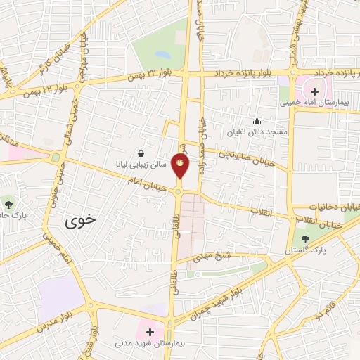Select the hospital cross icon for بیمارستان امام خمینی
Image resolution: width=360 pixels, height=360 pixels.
pyautogui.click(x=314, y=91)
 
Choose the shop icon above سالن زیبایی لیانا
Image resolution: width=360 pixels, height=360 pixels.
pyautogui.click(x=141, y=153)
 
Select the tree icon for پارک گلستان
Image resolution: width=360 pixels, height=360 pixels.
pyautogui.click(x=304, y=239)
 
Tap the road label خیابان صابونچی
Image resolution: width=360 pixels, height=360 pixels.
pyautogui.click(x=245, y=157)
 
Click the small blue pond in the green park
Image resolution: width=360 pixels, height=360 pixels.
pyautogui.click(x=162, y=54)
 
